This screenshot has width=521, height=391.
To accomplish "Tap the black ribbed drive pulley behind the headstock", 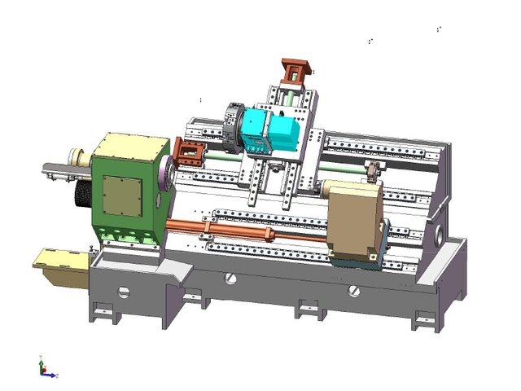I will [83, 195].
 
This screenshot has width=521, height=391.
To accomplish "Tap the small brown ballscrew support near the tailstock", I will [373, 172].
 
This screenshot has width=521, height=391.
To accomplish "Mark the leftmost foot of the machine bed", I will [103, 310].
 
